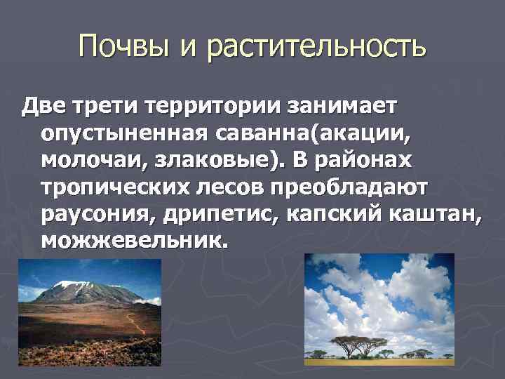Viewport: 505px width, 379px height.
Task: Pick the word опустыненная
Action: [115, 133]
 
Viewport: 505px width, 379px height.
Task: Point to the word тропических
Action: [109, 187]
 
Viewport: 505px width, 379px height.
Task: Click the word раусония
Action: [86, 214]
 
